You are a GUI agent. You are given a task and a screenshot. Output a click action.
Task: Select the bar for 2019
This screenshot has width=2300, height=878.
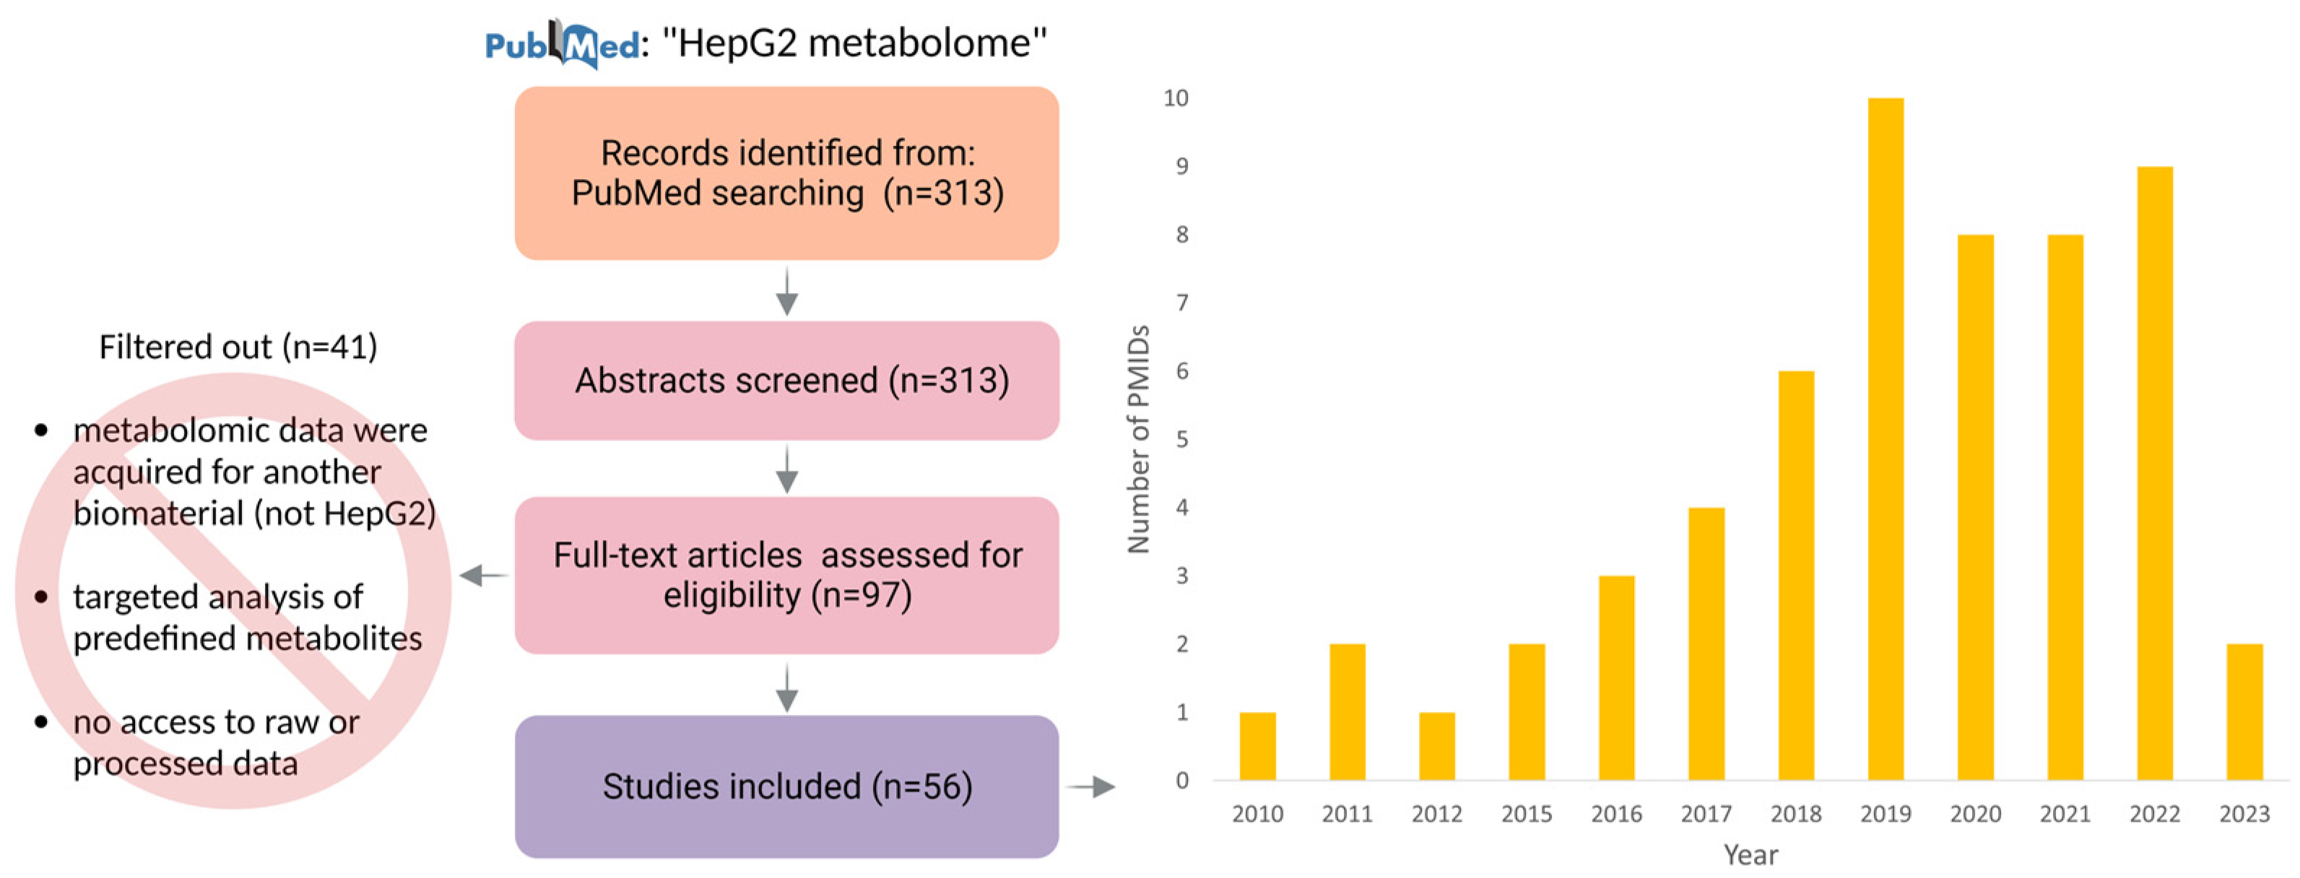(x=1885, y=438)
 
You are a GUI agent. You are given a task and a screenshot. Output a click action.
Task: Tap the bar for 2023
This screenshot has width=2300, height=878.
(x=2244, y=712)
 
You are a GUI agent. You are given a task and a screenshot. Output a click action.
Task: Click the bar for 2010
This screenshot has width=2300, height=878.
(x=1257, y=746)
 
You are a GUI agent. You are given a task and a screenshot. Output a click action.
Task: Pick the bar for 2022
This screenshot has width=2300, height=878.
(x=2154, y=474)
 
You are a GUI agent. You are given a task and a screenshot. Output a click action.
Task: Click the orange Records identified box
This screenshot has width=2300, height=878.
(x=786, y=173)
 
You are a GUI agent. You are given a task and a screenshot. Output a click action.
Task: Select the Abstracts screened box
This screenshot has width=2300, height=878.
(x=786, y=381)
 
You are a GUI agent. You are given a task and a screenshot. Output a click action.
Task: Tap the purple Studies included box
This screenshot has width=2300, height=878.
(x=786, y=786)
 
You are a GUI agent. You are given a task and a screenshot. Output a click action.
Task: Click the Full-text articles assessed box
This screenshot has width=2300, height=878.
(x=786, y=575)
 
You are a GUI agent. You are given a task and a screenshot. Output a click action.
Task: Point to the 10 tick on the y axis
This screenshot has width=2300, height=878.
(x=1176, y=98)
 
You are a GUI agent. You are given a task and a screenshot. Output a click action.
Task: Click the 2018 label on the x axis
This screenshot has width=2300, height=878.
(x=1795, y=814)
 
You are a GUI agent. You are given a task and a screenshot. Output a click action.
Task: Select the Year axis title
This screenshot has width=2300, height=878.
(x=1750, y=855)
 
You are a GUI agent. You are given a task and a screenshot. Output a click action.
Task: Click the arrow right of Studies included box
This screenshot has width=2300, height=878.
(x=1091, y=787)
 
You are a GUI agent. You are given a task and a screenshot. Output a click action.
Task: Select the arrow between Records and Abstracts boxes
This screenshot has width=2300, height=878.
(x=786, y=291)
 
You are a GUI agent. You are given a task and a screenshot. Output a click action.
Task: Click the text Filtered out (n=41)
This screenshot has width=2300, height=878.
(x=238, y=347)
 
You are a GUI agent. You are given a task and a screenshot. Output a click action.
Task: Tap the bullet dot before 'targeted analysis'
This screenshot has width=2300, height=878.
(x=41, y=596)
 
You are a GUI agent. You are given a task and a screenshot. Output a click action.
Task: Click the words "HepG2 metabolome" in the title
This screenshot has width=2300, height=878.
(x=854, y=43)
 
